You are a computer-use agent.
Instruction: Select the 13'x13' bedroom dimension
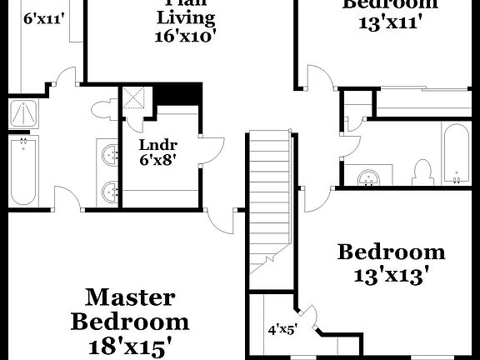pos(389,275)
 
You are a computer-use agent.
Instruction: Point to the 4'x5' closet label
pos(282,328)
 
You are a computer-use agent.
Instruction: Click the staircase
pos(269,200)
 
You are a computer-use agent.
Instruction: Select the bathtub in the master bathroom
pos(22,171)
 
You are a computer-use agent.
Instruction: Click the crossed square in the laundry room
pos(133,97)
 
